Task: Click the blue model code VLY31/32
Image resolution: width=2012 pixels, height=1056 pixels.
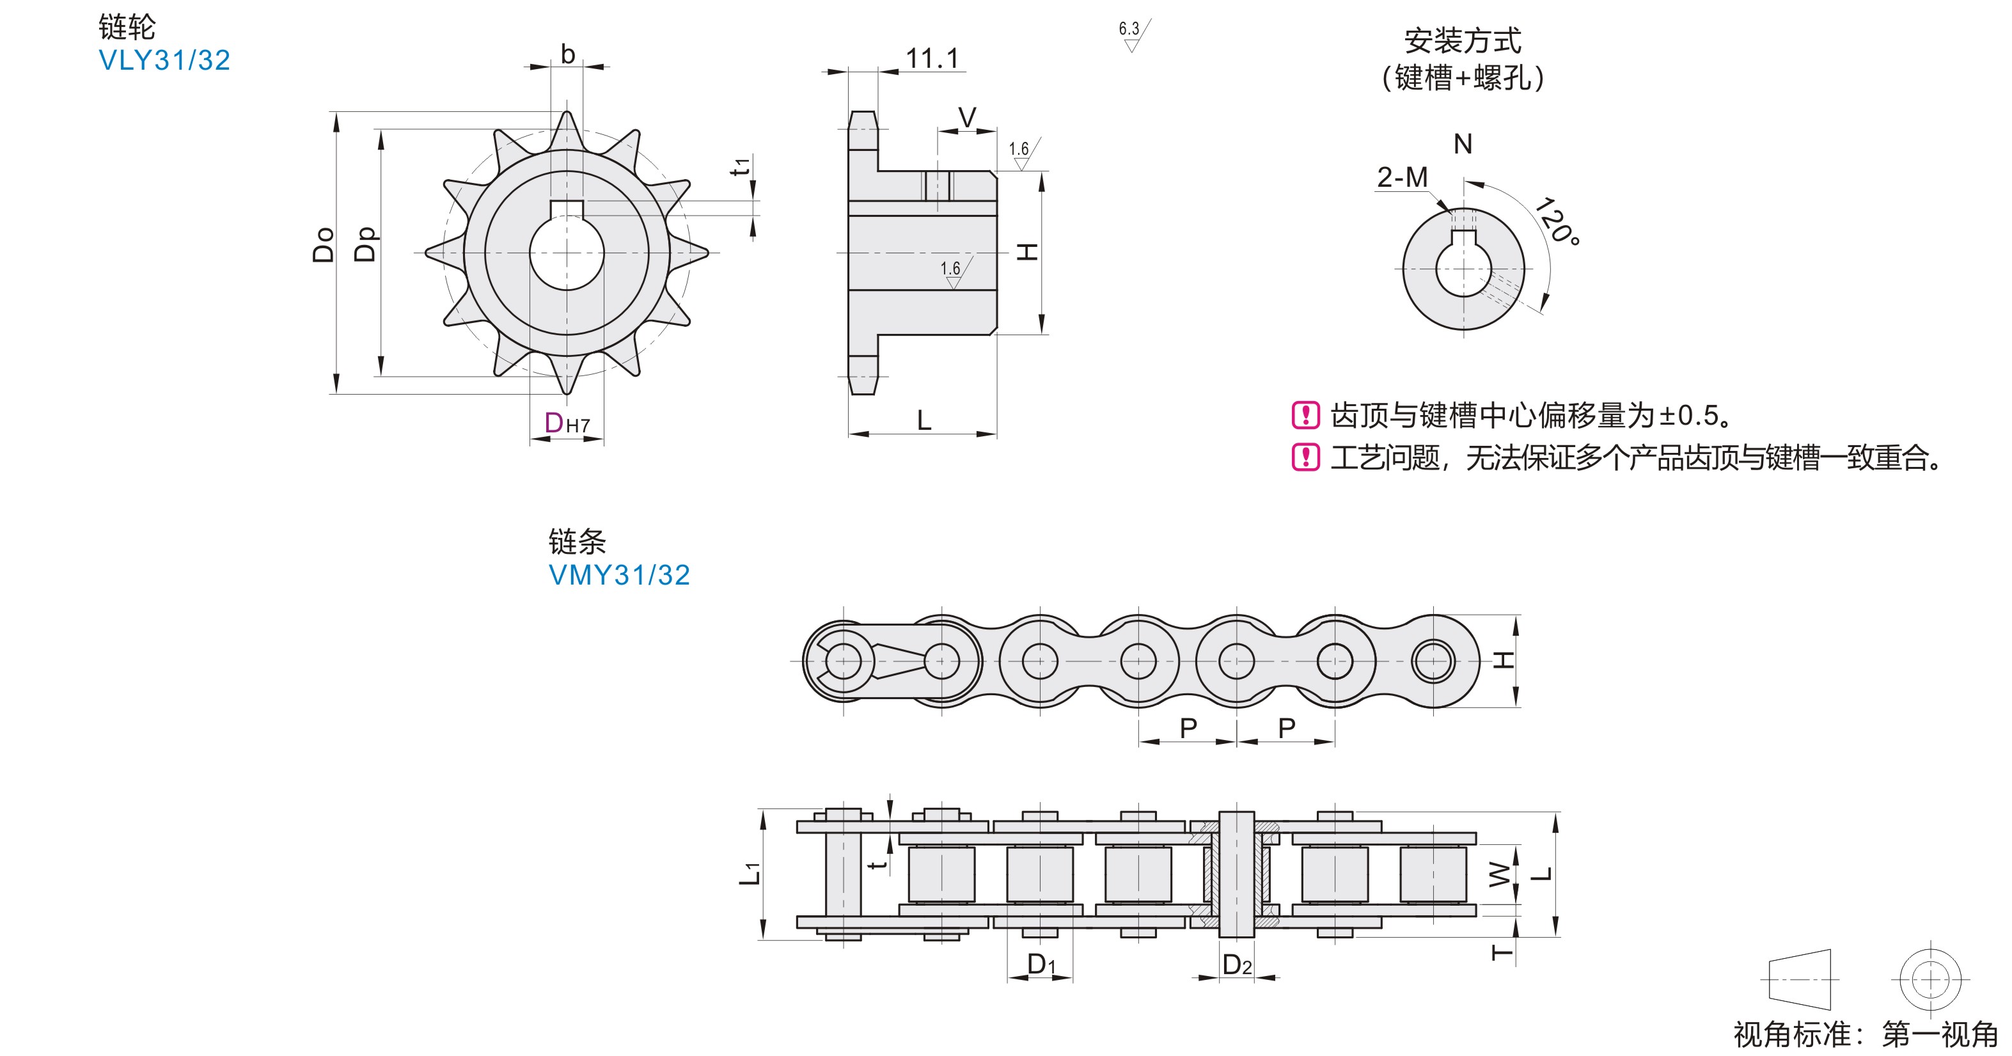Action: (x=164, y=60)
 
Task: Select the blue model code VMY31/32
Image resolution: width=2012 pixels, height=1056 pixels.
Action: (x=618, y=575)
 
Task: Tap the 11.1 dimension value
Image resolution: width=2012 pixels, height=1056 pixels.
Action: (x=931, y=58)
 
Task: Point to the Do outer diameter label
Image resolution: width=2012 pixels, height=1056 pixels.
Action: (x=324, y=244)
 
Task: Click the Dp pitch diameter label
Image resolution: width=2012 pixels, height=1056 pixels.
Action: (x=366, y=244)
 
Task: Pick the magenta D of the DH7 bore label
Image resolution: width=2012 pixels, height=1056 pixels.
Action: (x=554, y=423)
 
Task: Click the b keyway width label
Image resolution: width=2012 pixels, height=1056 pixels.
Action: (x=568, y=54)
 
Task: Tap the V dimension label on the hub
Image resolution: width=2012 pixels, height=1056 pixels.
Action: (x=967, y=118)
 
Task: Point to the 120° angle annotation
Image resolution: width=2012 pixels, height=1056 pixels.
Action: (x=1557, y=221)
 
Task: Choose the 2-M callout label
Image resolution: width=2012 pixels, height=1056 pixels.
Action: (x=1402, y=177)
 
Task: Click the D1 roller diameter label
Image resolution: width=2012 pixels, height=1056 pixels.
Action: (x=1041, y=965)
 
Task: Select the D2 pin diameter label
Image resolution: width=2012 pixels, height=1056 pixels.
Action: (x=1237, y=965)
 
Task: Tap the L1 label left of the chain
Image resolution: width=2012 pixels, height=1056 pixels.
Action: (x=750, y=873)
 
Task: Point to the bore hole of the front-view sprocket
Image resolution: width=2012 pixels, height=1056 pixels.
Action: (x=567, y=253)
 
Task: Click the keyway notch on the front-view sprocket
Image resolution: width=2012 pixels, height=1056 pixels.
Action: (x=567, y=209)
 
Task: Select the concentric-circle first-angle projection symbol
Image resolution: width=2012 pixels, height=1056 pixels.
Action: (x=1929, y=979)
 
